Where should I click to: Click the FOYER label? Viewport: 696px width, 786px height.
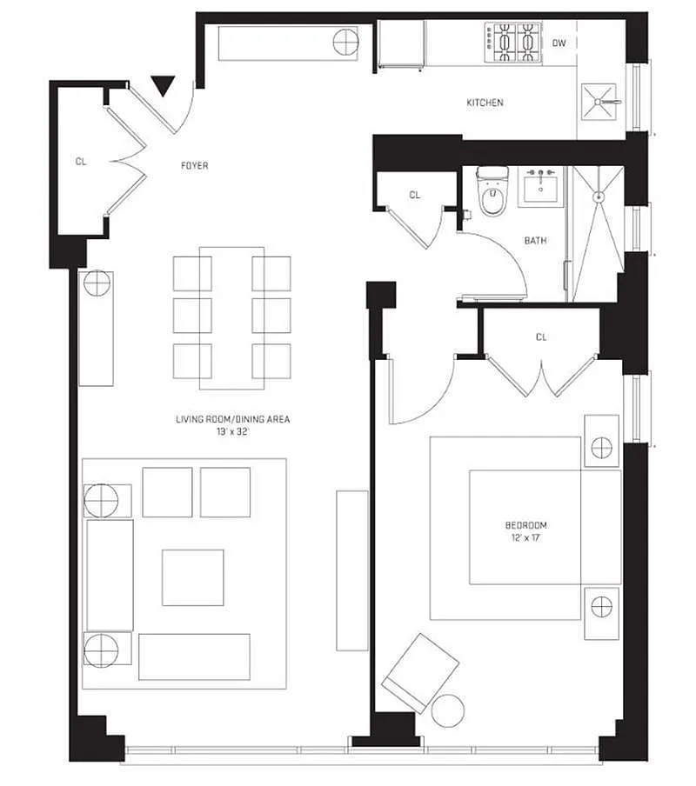pos(195,165)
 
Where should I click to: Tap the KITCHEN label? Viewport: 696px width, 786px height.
pos(485,103)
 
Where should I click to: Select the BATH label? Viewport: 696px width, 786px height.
pos(536,241)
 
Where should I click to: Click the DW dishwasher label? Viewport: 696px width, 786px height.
pos(559,43)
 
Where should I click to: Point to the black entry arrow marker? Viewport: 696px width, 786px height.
pos(163,86)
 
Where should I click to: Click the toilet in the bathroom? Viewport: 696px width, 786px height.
pos(492,191)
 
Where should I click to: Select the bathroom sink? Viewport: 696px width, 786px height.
pos(540,185)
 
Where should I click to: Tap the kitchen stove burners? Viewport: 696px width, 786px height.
pos(513,42)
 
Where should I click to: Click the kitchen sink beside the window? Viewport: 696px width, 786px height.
pos(599,102)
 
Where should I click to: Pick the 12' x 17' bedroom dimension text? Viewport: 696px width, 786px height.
pos(526,538)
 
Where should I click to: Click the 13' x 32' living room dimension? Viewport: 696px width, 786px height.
pos(232,431)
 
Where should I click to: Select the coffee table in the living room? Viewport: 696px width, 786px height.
pos(193,577)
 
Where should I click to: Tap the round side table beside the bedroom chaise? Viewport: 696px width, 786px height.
pos(448,711)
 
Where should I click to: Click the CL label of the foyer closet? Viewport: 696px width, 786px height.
pos(81,162)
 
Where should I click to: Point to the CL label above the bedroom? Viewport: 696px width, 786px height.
pos(541,336)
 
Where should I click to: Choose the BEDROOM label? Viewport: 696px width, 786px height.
pos(526,525)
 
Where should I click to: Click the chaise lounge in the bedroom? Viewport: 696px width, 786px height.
pos(421,673)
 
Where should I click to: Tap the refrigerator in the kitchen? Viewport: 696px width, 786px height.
pos(401,44)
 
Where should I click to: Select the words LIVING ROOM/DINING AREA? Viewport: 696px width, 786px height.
pos(232,419)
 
